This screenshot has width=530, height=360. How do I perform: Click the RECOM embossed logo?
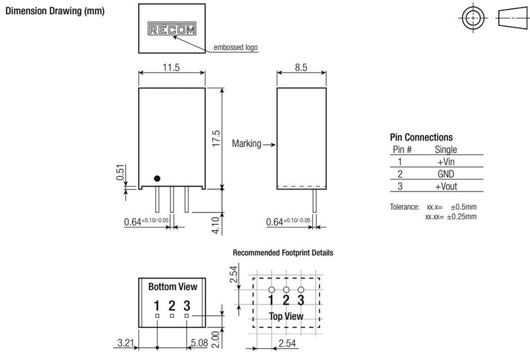coord(172,28)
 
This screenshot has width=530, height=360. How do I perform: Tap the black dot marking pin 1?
coord(157,178)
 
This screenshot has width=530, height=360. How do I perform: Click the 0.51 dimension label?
coord(120,172)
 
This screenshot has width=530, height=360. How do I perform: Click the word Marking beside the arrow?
coord(246,143)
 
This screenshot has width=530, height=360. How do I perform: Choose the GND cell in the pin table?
coord(446,175)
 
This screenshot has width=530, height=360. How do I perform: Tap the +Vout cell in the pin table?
coord(446,187)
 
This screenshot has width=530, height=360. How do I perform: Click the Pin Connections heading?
coord(421,137)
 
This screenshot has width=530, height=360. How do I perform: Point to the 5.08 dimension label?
coord(200,342)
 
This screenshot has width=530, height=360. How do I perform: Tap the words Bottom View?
coord(172,286)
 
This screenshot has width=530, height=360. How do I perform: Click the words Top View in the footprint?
coord(286,316)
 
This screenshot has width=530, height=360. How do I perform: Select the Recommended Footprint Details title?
coord(283,253)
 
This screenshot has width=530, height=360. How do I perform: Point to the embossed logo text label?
coord(235,48)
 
